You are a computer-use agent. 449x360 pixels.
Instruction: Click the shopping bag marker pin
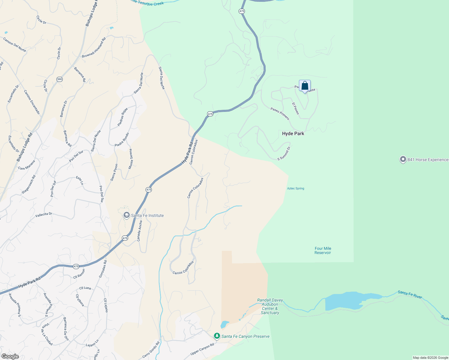coord(305,86)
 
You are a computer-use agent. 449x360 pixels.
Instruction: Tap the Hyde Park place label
coord(293,134)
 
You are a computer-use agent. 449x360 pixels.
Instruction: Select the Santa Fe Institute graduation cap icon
coord(127,215)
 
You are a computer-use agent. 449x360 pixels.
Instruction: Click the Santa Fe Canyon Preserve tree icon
coord(217,336)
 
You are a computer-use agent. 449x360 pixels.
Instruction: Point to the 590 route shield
coord(59,79)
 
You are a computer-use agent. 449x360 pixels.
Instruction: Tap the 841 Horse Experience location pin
coord(403,160)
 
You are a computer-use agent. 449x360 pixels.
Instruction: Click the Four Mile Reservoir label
coord(323,250)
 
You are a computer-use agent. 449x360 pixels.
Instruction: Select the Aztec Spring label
coord(296,188)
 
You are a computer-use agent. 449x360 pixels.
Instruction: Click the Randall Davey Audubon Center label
coord(270,306)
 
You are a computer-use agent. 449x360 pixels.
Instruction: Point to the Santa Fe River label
coord(410,294)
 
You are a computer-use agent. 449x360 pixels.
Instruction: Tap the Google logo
coord(10,356)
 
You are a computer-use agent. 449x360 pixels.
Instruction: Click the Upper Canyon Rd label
coord(202,349)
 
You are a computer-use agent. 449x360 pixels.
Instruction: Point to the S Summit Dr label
coord(284,153)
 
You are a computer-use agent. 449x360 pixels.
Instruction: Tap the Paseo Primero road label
coord(280,114)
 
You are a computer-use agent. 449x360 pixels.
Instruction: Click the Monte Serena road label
coord(131,159)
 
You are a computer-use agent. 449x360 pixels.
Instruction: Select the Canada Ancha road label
coord(140,231)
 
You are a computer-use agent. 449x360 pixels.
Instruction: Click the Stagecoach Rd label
coord(29,184)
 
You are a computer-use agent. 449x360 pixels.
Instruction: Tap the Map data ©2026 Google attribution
coord(430,358)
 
